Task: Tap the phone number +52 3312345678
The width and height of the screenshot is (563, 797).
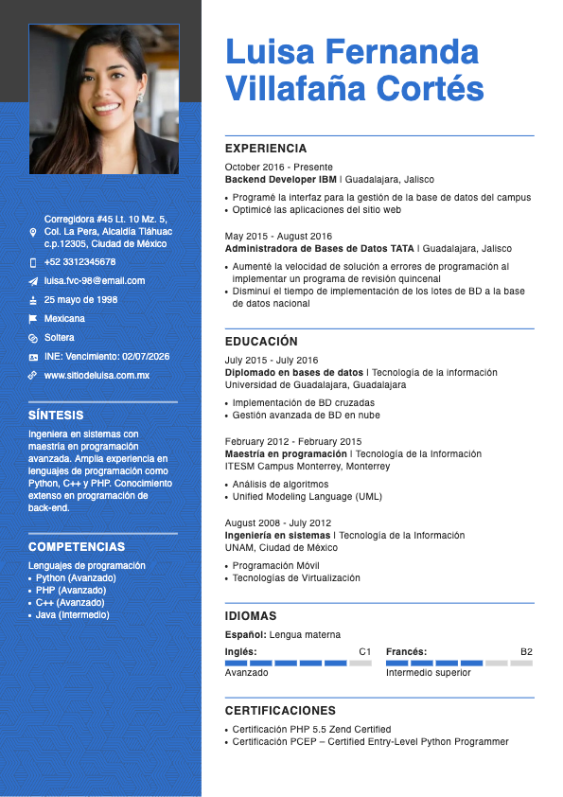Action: tap(79, 262)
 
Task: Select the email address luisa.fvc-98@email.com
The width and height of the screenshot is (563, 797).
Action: tap(95, 281)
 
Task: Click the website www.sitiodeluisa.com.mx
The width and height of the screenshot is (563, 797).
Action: tap(97, 376)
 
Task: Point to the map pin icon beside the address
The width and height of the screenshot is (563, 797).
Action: tap(33, 232)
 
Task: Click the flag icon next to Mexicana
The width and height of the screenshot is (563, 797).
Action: tap(33, 319)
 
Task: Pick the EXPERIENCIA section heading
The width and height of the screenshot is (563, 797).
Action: tap(266, 149)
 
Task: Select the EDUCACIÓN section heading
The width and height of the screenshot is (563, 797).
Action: tap(261, 342)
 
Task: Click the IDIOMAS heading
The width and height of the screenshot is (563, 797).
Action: tap(251, 616)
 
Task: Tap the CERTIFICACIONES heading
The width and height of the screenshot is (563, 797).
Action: tap(280, 711)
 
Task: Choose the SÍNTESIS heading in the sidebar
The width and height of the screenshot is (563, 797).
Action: tap(56, 416)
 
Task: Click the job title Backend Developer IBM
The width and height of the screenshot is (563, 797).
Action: tap(281, 179)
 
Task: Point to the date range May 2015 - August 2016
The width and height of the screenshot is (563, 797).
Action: tap(278, 237)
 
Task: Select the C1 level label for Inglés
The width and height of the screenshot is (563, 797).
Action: tap(365, 652)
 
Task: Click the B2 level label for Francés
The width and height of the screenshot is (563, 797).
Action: tap(526, 652)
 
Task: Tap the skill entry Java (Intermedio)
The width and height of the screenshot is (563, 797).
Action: tap(72, 615)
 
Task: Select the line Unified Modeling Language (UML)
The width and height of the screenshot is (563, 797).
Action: tap(308, 497)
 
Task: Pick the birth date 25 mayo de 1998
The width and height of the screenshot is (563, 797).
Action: tap(80, 300)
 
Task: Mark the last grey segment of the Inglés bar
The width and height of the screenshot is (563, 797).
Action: tap(361, 664)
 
